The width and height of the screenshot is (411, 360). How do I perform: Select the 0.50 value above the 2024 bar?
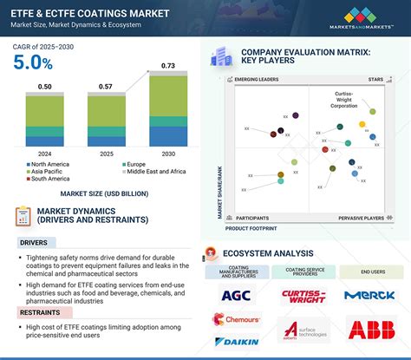click(44, 87)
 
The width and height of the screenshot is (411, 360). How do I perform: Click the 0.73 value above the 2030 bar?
click(169, 67)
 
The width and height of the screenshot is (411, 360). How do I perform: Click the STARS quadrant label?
click(375, 80)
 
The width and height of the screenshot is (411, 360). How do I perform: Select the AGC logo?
click(236, 295)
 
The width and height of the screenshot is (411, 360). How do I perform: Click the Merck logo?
click(369, 295)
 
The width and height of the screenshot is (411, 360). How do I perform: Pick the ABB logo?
click(369, 329)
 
